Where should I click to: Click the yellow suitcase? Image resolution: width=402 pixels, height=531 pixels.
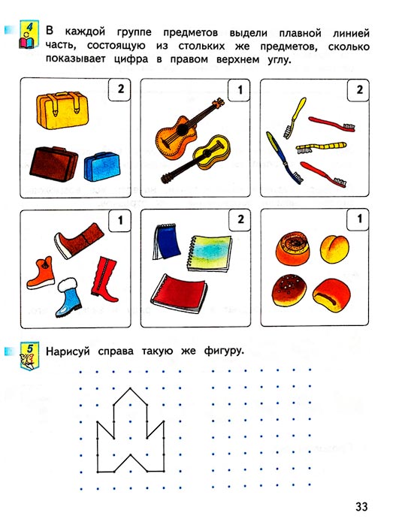point(62,110)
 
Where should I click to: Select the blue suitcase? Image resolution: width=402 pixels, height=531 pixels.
point(102,167)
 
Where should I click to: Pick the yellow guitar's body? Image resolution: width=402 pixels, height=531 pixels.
point(213,152)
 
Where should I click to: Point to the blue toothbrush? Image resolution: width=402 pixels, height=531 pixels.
point(284,158)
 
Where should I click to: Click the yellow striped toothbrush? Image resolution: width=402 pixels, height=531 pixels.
point(321,147)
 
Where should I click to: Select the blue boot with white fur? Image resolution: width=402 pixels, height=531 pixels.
point(68,297)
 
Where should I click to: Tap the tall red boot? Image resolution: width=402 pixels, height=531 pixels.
point(104,279)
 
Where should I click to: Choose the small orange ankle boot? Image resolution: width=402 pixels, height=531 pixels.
point(41,273)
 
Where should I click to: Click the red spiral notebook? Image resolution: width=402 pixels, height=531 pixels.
point(179,293)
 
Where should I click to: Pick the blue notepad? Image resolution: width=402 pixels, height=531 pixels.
point(166,241)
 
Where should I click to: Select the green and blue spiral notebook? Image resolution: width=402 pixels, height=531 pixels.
point(210,252)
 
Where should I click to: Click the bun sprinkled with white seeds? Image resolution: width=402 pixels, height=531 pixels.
point(289,290)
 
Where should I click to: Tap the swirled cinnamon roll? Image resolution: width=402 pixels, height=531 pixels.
point(293,249)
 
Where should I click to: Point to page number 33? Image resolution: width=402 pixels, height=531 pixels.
point(361,507)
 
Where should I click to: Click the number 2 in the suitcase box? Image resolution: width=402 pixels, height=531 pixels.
point(121,89)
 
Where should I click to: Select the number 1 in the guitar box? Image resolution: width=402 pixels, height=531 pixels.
point(240,89)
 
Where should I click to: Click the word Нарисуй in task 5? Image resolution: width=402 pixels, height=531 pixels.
point(68,351)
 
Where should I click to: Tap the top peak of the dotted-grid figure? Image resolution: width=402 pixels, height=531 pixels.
point(130,388)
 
